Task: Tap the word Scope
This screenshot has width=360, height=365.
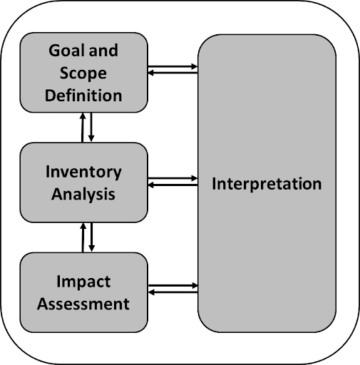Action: (x=83, y=73)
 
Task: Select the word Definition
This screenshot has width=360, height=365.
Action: (x=83, y=96)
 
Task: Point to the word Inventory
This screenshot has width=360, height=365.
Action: (x=83, y=173)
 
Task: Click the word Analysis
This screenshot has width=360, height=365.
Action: (x=83, y=195)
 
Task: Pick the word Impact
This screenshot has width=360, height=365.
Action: (x=83, y=282)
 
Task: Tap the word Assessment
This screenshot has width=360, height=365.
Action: (x=83, y=304)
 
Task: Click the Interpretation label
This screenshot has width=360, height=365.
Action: (x=267, y=184)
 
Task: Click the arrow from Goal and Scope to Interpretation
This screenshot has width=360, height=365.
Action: (x=173, y=67)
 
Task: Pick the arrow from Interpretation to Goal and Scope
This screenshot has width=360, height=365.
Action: (x=173, y=73)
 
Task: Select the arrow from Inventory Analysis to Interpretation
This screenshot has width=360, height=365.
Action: (x=173, y=178)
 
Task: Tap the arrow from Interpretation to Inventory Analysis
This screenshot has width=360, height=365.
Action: (x=173, y=185)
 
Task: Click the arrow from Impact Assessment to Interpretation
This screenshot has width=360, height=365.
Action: (x=173, y=286)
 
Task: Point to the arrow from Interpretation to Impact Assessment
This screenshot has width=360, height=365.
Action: (x=173, y=292)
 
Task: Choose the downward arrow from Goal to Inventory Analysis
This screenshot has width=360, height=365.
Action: (x=91, y=127)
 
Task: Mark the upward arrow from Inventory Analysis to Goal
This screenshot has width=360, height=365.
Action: (x=83, y=128)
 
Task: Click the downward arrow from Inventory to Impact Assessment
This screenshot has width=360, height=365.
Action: (x=91, y=237)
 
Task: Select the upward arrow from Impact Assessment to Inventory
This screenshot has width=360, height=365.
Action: (x=83, y=237)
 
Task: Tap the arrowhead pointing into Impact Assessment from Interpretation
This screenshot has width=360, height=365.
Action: (x=151, y=292)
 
